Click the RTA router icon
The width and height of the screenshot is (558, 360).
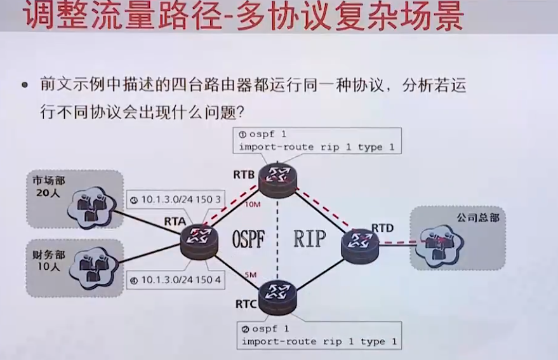point(199,241)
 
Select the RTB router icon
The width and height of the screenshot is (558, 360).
point(277,180)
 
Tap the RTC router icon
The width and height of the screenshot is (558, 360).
point(277,297)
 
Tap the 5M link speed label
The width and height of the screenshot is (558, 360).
point(249,274)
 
